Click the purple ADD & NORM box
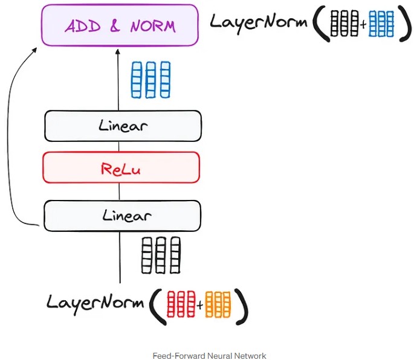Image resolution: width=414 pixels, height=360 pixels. (120, 25)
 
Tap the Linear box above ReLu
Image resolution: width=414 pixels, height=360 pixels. (123, 126)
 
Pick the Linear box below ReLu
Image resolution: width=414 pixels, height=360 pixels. (122, 216)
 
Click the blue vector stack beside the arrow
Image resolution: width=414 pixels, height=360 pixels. (151, 80)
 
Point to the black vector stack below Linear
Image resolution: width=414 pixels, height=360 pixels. (161, 256)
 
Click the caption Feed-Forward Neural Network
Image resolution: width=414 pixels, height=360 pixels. (210, 356)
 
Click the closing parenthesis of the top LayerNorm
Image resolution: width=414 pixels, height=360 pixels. (401, 24)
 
